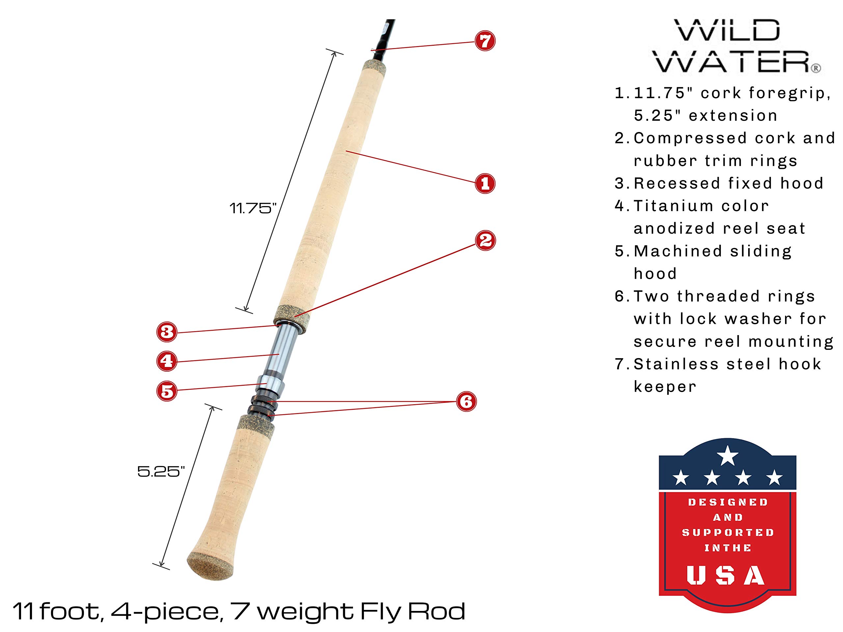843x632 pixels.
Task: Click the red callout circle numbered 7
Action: click(x=485, y=41)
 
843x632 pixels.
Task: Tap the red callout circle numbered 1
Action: click(x=485, y=184)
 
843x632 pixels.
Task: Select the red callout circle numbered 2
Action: click(x=485, y=240)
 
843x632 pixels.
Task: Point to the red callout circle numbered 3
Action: click(x=167, y=332)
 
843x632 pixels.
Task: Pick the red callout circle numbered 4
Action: click(x=167, y=361)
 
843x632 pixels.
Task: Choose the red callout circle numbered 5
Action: click(x=167, y=391)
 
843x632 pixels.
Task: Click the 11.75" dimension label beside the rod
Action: click(x=253, y=208)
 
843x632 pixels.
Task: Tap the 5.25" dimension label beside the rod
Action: click(x=161, y=472)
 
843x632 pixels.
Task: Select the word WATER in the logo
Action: click(x=732, y=62)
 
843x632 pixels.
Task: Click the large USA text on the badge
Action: click(x=726, y=575)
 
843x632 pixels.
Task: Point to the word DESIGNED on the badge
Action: click(x=727, y=503)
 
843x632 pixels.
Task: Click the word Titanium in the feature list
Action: click(x=673, y=206)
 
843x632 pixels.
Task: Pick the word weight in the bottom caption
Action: click(x=306, y=612)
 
